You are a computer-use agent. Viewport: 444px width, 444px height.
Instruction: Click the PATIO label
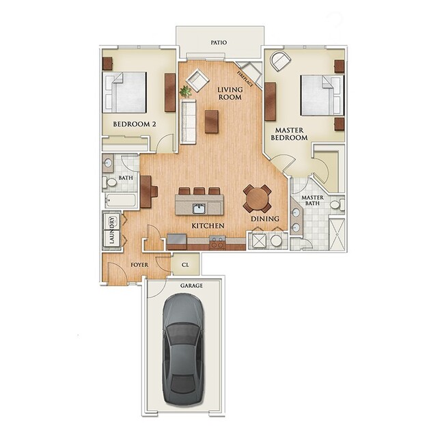click(219, 42)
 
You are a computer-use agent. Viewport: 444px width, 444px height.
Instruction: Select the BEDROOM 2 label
click(135, 124)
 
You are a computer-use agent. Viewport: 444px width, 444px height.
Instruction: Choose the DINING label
click(265, 219)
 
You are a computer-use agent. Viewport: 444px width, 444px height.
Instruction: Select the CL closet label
click(184, 262)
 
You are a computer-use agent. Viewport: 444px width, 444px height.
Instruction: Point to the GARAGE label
click(191, 286)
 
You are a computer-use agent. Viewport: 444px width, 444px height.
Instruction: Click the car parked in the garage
click(184, 349)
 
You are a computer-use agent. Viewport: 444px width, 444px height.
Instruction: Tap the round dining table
click(258, 198)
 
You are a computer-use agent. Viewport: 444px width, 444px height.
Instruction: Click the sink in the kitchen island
click(199, 208)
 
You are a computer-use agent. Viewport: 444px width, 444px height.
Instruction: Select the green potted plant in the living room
click(185, 90)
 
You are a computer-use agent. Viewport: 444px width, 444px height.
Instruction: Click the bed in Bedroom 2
click(125, 92)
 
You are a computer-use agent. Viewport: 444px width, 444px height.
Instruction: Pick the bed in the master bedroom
click(321, 96)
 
